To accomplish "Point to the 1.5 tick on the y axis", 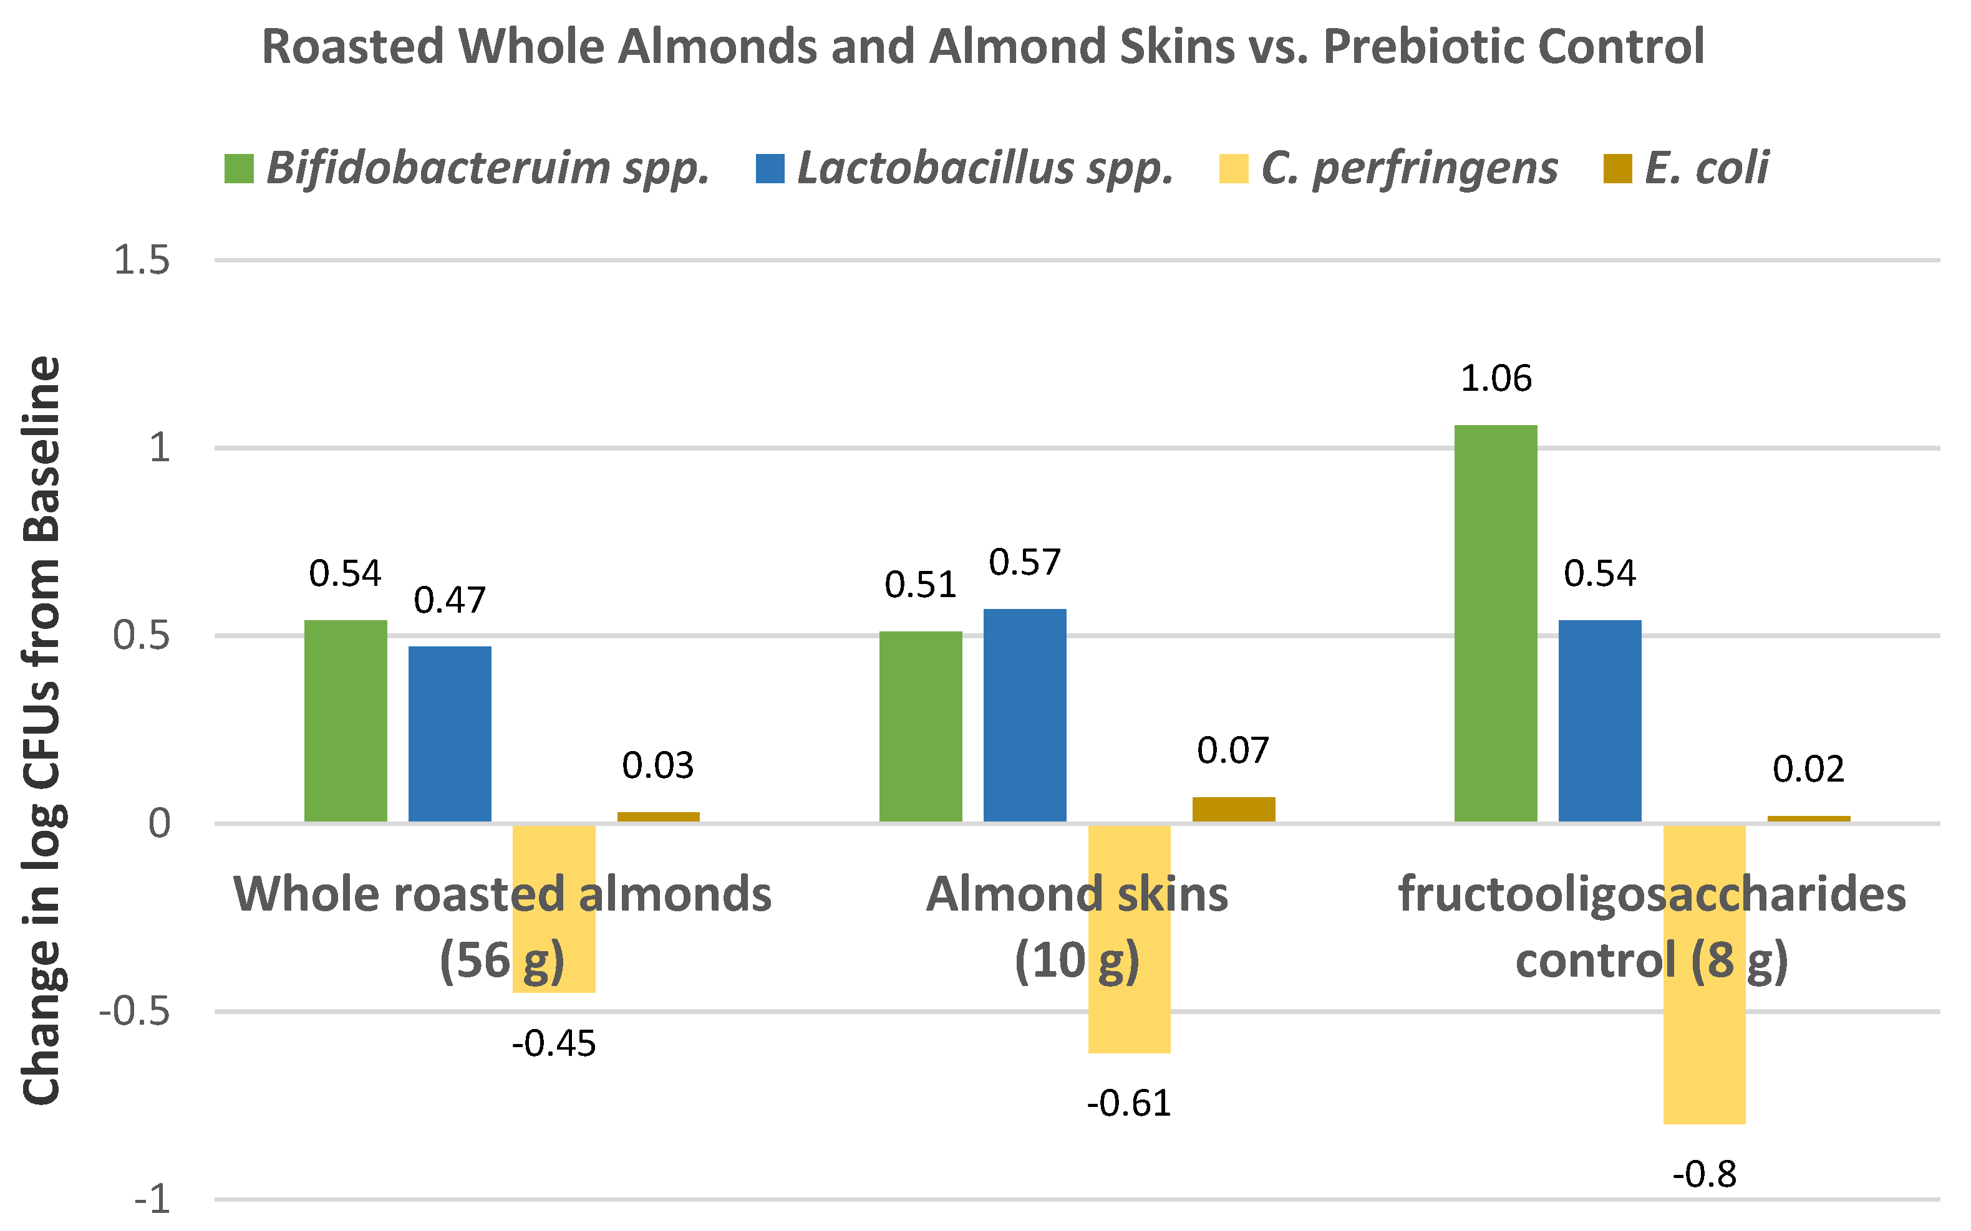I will [142, 261].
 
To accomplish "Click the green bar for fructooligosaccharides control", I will [1495, 623].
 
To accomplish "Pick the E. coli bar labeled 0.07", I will [1233, 809].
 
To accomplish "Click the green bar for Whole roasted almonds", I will [346, 721].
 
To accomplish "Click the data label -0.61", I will [1129, 1104].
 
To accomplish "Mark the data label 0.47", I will [450, 601].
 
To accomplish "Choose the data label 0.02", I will [1808, 769].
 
